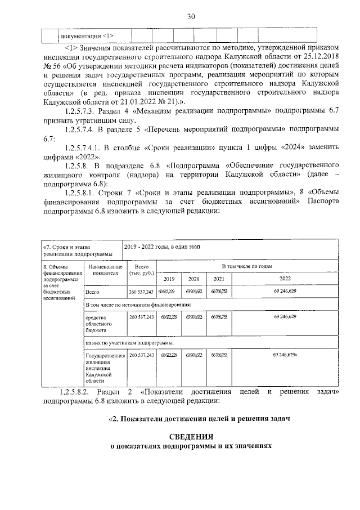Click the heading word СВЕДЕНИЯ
point(191,437)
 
